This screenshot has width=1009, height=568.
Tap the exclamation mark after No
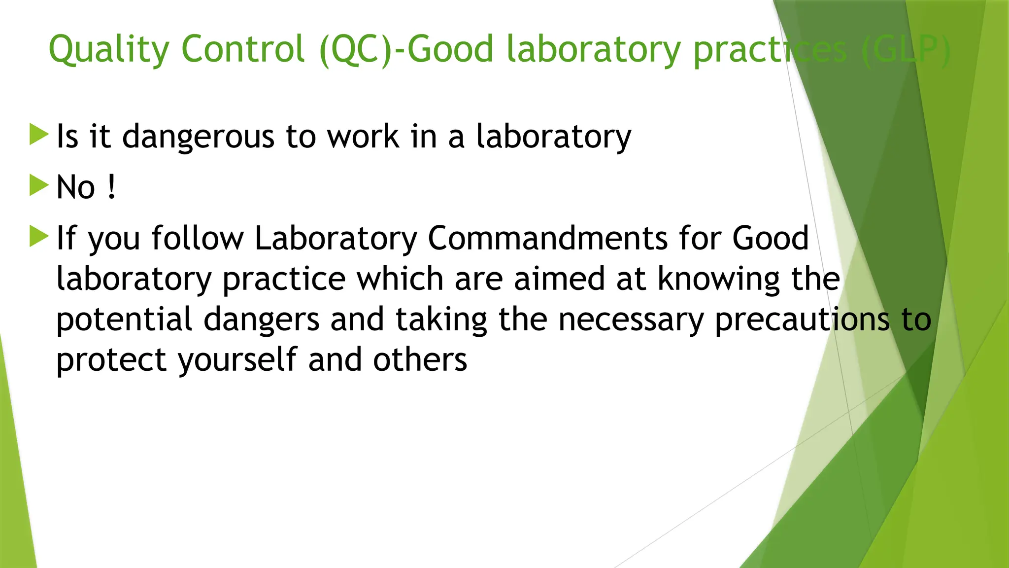112,187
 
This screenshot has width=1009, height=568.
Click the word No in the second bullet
75,188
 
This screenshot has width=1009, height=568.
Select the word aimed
559,279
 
